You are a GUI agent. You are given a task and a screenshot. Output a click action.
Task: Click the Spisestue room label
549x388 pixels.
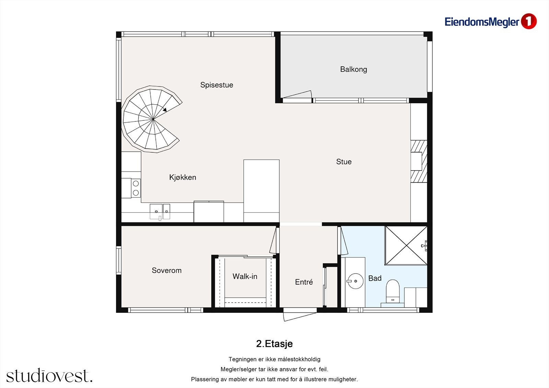(217, 85)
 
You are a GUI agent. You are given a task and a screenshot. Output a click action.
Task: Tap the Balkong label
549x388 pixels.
(353, 70)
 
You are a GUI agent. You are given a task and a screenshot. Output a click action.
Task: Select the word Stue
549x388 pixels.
(344, 162)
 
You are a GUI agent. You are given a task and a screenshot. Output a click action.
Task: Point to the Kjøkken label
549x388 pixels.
(183, 177)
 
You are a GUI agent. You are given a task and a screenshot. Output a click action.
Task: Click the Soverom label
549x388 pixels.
(167, 270)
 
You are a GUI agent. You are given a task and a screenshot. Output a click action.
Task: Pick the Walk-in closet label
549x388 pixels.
(245, 277)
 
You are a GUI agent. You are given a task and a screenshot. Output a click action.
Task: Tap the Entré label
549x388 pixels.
(304, 282)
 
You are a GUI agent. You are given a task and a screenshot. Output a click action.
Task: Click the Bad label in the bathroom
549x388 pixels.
(375, 278)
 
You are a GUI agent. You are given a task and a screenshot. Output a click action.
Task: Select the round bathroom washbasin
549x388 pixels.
(355, 281)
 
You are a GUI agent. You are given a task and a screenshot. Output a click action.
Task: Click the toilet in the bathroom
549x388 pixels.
(393, 292)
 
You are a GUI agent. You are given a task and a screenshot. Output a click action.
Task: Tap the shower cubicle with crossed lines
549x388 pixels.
(406, 245)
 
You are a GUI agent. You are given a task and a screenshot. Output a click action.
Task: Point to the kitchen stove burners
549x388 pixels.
(136, 188)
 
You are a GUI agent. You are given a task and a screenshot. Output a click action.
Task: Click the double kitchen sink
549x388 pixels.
(160, 212)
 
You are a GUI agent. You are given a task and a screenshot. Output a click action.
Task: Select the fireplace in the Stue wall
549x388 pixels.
(419, 161)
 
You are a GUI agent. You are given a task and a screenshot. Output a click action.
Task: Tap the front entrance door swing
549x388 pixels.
(300, 317)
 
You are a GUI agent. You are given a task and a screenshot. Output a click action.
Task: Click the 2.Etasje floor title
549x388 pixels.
(274, 344)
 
